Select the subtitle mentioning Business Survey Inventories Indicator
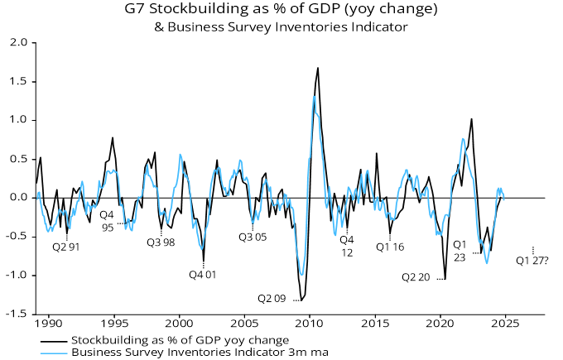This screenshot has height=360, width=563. click(281, 26)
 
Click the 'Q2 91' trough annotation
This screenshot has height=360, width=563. click(66, 246)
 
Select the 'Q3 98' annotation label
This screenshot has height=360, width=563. click(161, 242)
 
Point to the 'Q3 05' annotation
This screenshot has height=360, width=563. click(253, 237)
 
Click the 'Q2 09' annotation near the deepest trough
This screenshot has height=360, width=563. click(272, 298)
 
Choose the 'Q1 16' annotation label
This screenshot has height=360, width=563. click(390, 246)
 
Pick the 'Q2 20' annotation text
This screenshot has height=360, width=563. click(416, 277)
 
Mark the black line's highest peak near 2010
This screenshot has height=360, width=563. click(318, 68)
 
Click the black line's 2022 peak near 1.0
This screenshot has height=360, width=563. click(471, 119)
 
